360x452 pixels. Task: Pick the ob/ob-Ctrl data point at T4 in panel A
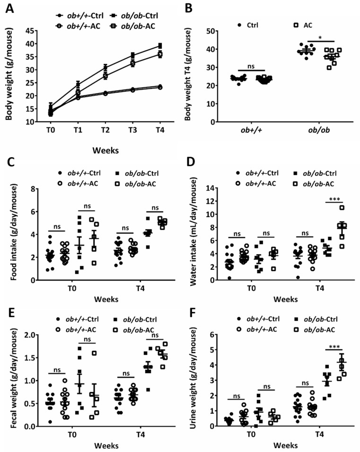pos(160,46)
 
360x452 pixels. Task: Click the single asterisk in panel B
pos(321,36)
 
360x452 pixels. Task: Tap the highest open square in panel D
pos(342,208)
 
